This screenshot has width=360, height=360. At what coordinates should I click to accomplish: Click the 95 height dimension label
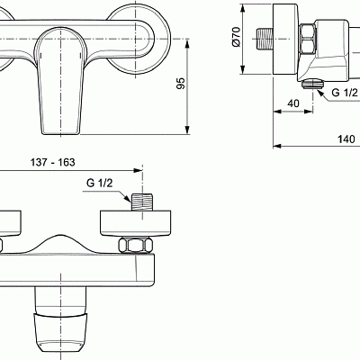pyautogui.click(x=180, y=83)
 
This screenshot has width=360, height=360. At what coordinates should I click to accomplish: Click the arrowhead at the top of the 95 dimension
pyautogui.click(x=187, y=40)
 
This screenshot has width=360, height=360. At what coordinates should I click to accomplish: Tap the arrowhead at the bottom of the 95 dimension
pyautogui.click(x=187, y=128)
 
